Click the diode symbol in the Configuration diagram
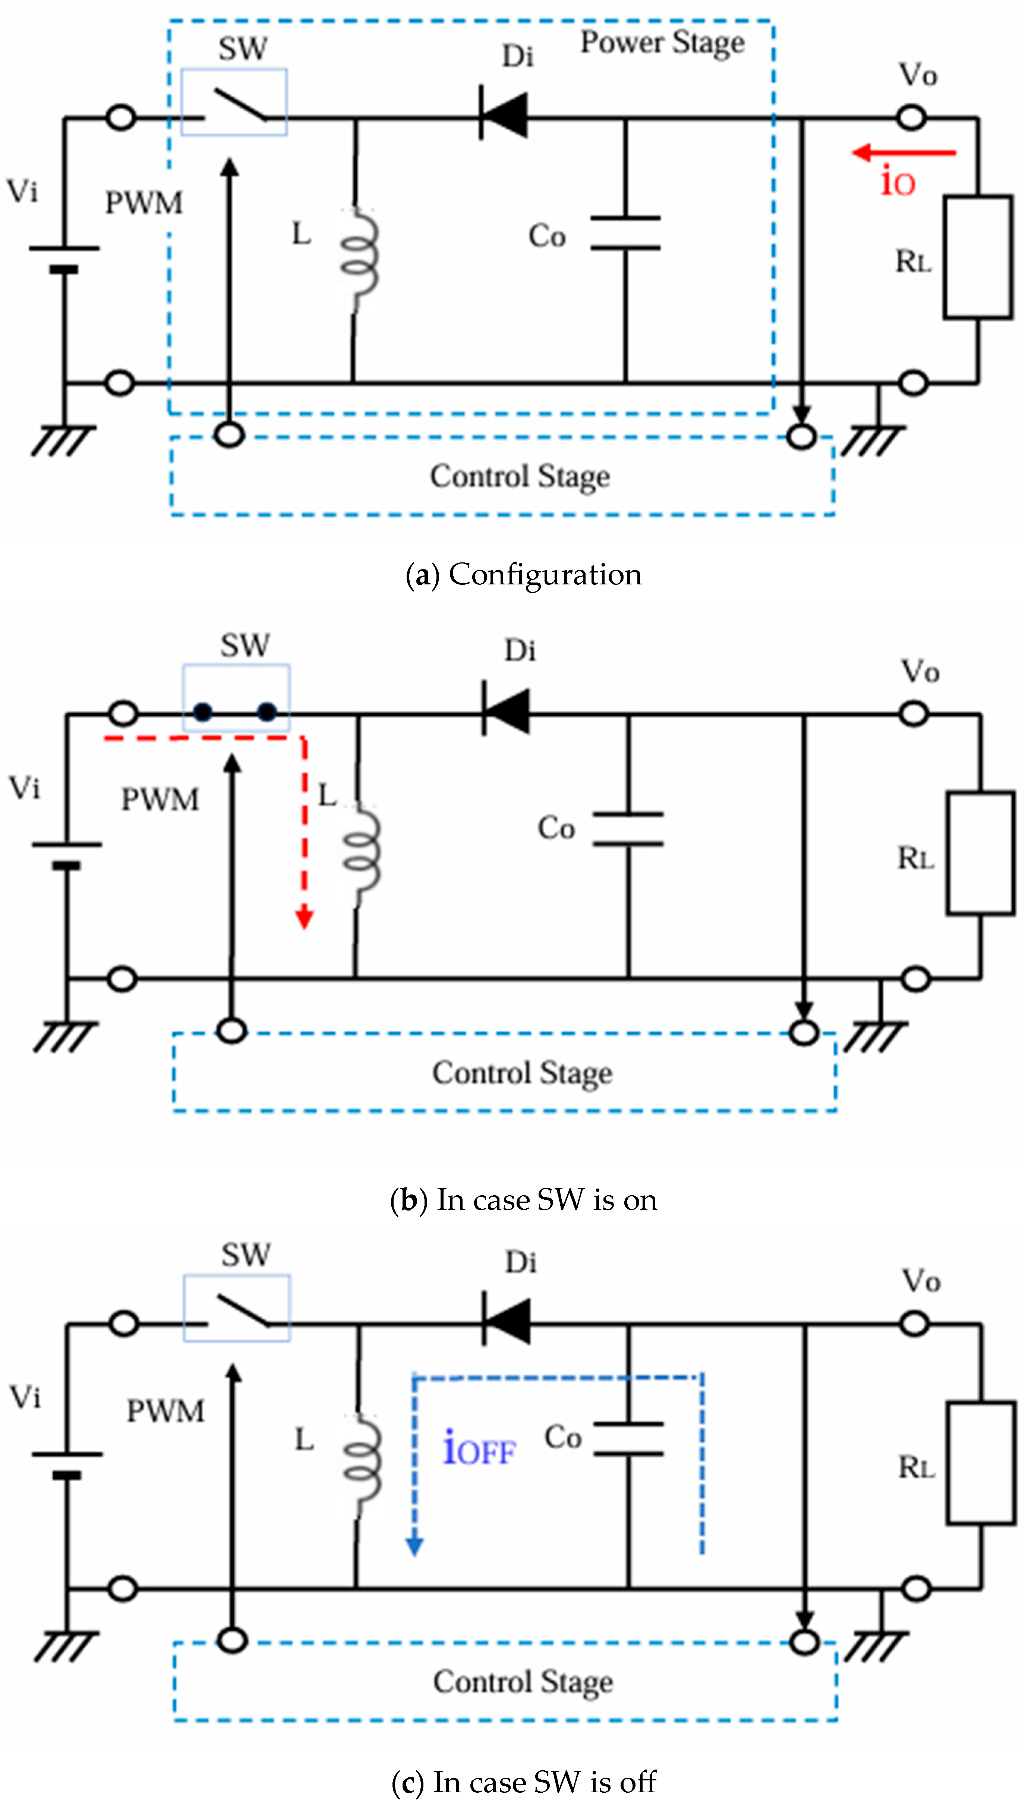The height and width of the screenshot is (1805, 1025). tap(503, 113)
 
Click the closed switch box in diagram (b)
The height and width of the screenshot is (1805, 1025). tap(236, 698)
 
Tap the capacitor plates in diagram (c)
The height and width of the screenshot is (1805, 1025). tap(628, 1439)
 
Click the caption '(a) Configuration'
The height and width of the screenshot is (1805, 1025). tap(524, 575)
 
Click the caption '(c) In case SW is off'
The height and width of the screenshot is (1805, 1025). tap(524, 1782)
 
